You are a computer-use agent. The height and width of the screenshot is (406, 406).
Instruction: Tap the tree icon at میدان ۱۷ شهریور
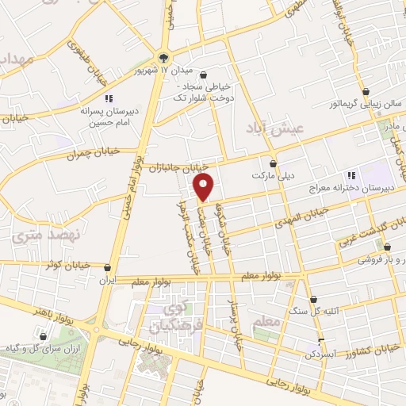[163, 57]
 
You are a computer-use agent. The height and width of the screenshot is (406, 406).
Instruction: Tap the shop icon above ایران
[107, 268]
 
